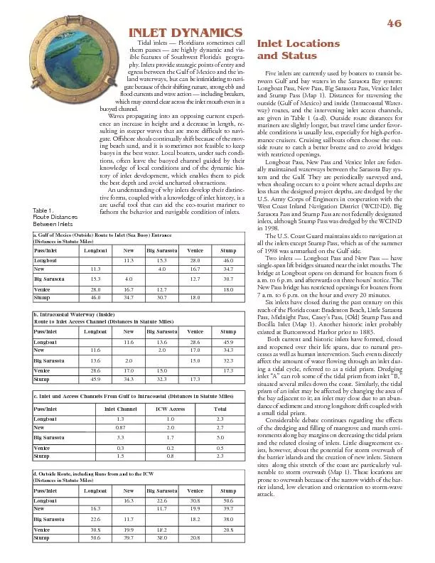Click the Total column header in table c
pyautogui.click(x=220, y=409)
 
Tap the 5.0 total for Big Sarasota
pyautogui.click(x=220, y=438)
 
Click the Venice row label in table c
pyautogui.click(x=42, y=449)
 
